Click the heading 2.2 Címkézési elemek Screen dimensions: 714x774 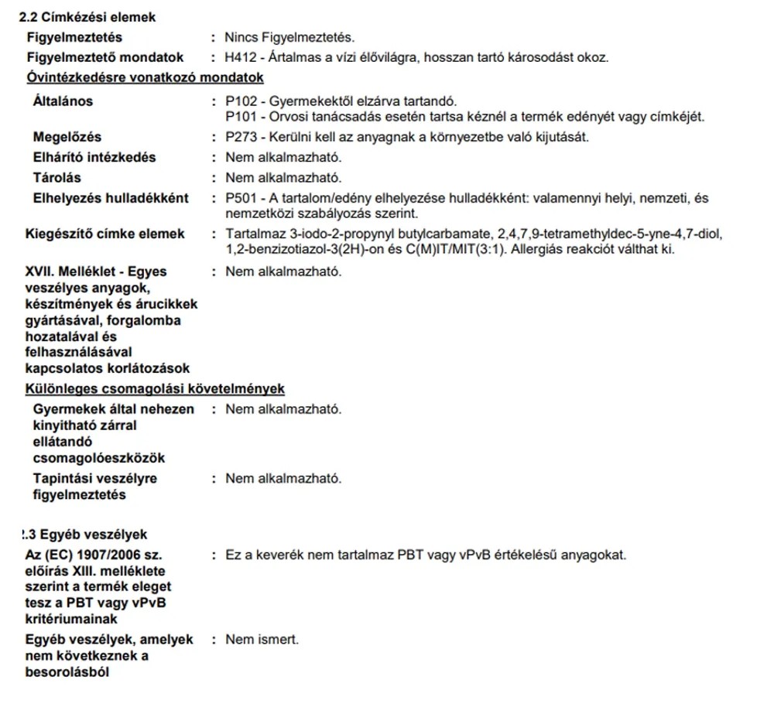87,17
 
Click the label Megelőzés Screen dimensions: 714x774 67,138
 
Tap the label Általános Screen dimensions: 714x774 63,101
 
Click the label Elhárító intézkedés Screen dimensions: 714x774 94,158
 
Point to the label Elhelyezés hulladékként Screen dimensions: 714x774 111,198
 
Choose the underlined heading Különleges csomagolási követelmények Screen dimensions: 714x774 156,388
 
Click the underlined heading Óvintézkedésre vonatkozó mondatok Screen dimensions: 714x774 145,77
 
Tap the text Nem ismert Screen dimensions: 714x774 262,640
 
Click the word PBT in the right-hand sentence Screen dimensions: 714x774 412,555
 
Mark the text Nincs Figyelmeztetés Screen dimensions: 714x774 290,37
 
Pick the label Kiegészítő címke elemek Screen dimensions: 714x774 106,234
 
